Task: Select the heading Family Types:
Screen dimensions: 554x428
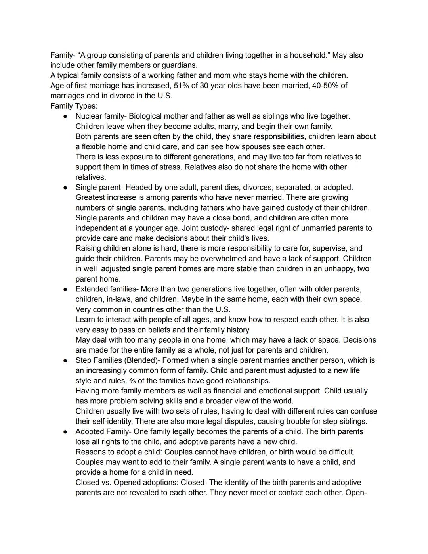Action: click(74, 106)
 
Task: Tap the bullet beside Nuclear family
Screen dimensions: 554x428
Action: click(65, 117)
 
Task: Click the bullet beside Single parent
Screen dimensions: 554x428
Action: click(65, 188)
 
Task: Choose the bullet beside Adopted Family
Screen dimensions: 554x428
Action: click(65, 432)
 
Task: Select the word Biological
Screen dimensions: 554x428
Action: click(147, 116)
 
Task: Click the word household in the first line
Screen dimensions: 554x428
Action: click(308, 55)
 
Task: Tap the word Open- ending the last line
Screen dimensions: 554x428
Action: click(356, 493)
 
